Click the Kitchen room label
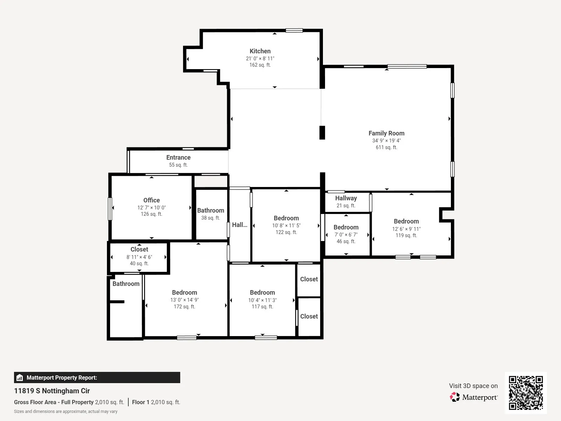pos(260,51)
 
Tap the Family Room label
pos(386,133)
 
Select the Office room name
pos(151,200)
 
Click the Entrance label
pos(178,158)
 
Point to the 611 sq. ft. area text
pos(386,147)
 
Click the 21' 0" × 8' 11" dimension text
pos(260,59)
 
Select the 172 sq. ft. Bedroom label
pos(184,293)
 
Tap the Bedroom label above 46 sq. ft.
pos(346,227)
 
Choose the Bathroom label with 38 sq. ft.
pos(211,210)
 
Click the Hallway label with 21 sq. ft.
pos(346,198)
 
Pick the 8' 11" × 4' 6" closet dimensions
pos(139,257)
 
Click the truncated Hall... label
pos(239,225)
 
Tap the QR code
pos(526,393)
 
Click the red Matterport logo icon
pos(455,397)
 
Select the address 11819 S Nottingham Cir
pos(52,391)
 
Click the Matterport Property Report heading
pos(62,377)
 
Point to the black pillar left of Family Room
pos(322,133)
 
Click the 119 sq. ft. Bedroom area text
pos(406,235)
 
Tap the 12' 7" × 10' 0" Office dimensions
pos(151,208)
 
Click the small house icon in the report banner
pos(20,377)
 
